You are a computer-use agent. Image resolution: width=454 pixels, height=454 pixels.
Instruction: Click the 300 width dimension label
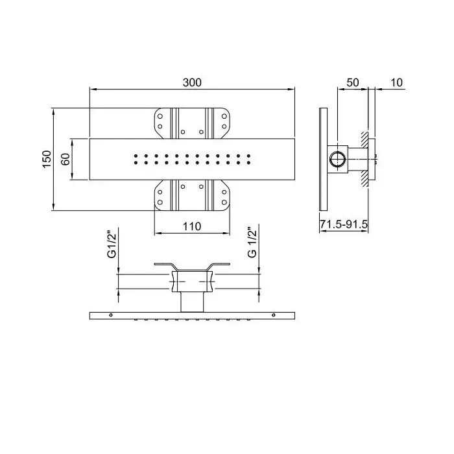point(192,82)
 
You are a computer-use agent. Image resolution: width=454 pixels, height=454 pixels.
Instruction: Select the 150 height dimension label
point(47,159)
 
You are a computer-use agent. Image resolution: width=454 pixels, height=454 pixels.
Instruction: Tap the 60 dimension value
point(66,159)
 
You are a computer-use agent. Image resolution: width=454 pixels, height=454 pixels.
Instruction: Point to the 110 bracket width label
point(192,226)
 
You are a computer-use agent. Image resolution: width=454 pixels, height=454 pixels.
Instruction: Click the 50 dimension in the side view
point(353,82)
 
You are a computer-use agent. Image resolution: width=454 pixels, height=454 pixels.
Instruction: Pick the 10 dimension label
point(397,82)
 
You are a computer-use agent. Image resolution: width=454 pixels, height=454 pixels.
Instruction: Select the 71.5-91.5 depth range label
point(344,224)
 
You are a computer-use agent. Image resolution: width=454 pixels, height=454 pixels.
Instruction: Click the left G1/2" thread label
point(112,244)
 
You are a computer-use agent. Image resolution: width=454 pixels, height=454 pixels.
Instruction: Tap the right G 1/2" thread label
point(252,242)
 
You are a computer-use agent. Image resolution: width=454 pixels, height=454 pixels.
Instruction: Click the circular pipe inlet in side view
point(337,160)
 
